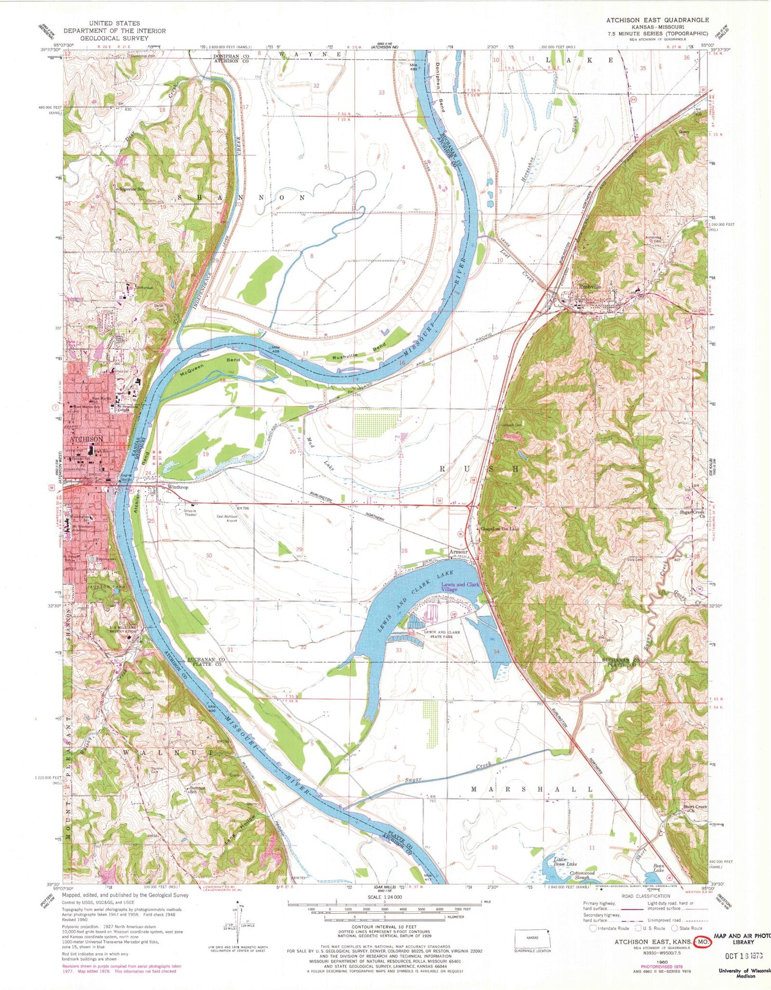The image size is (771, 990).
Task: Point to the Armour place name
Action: (458, 552)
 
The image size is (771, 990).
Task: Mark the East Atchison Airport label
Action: (227, 518)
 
